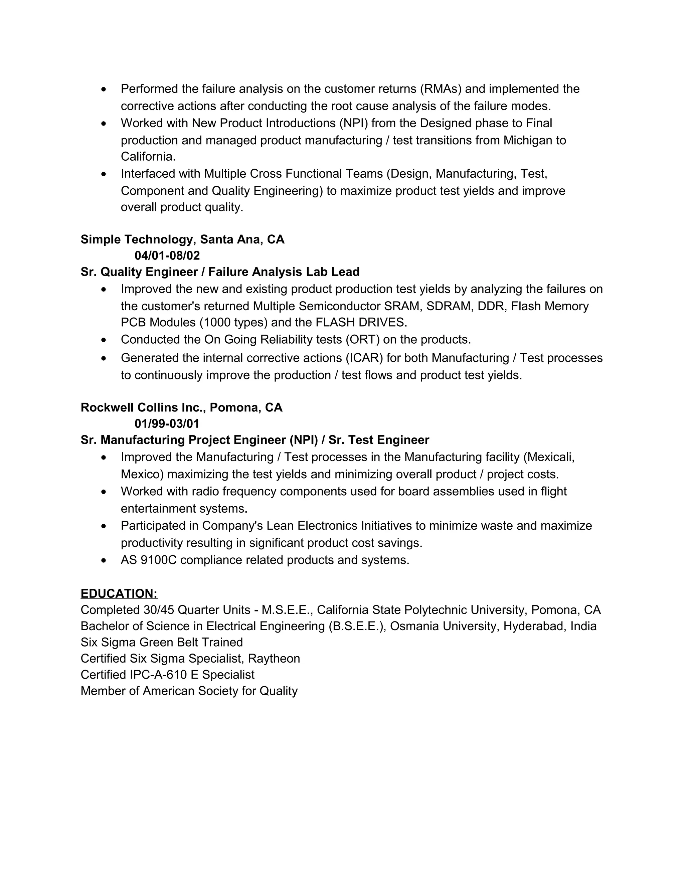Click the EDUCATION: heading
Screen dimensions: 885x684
click(x=119, y=594)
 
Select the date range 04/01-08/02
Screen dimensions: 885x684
click(x=167, y=256)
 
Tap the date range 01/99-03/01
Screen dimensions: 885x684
click(x=167, y=424)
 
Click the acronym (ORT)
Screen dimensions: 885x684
click(x=362, y=340)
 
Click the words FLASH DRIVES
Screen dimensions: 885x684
click(x=360, y=323)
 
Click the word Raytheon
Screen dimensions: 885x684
click(x=274, y=659)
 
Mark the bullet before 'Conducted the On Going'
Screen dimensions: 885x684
click(x=104, y=340)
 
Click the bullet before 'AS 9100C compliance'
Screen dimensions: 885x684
click(x=104, y=560)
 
